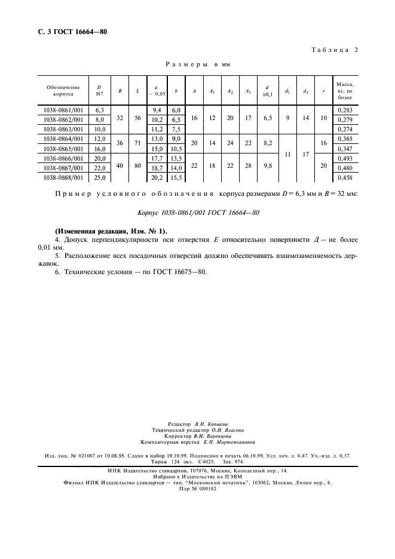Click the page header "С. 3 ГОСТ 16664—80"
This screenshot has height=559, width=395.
point(68,32)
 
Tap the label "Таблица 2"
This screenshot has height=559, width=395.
point(334,50)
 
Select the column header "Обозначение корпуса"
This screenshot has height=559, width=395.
point(63,91)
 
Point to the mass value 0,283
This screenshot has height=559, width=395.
point(345,110)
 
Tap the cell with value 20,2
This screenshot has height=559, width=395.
point(158,178)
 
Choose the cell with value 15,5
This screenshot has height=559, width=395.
point(176,178)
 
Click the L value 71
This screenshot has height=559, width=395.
point(138,144)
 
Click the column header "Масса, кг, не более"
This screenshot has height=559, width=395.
point(345,91)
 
